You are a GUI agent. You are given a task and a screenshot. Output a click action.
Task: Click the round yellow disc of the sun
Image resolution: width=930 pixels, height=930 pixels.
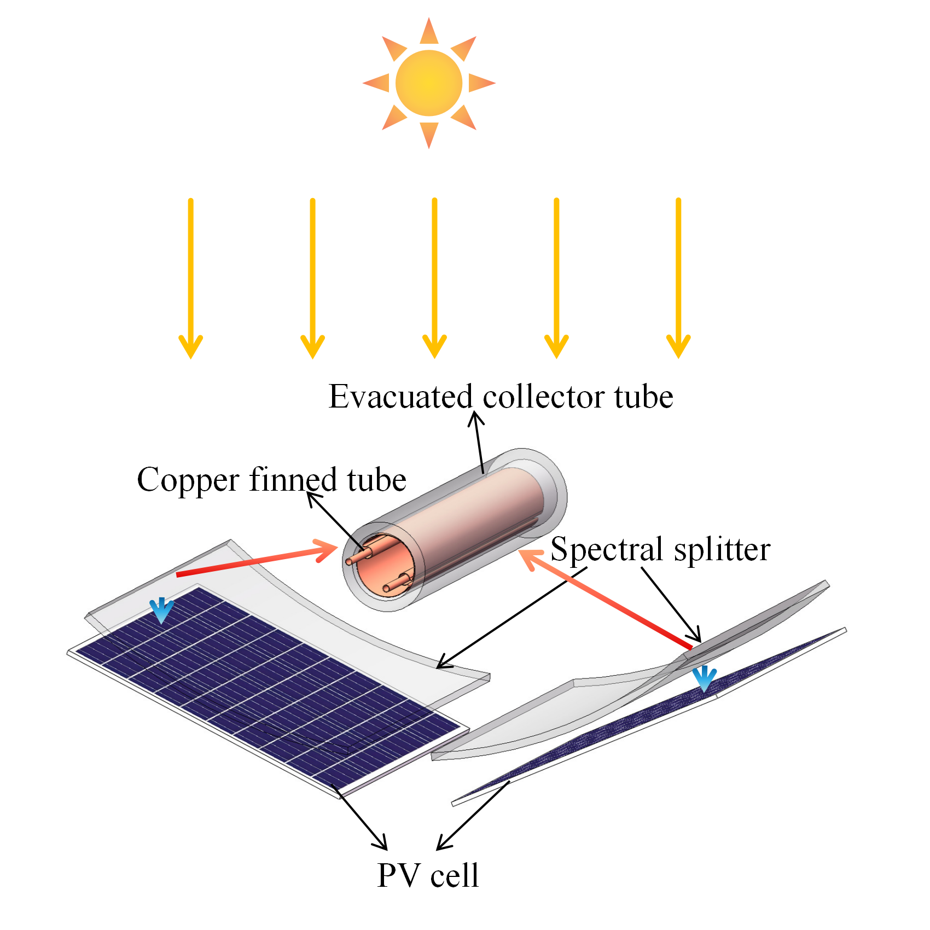(429, 83)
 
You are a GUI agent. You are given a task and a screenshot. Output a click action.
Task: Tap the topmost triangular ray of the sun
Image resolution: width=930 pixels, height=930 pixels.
(429, 32)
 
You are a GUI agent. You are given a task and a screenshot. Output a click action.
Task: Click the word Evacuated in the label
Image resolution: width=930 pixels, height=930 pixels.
(400, 397)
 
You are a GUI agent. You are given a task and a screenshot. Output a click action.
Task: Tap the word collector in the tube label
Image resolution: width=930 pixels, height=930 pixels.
(544, 397)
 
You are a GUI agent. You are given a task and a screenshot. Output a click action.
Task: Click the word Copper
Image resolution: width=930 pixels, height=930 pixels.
(188, 480)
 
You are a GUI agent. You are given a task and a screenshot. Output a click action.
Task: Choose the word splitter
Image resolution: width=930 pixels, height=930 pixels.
(722, 549)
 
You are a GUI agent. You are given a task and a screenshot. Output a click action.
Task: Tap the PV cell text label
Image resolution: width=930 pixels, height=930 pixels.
(428, 875)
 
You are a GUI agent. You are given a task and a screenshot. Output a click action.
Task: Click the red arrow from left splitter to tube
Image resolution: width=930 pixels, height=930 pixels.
(257, 560)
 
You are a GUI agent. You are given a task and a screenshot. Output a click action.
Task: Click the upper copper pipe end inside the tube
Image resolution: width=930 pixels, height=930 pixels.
(350, 561)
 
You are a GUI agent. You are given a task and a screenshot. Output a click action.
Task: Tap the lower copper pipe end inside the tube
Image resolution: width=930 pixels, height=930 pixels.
(386, 589)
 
